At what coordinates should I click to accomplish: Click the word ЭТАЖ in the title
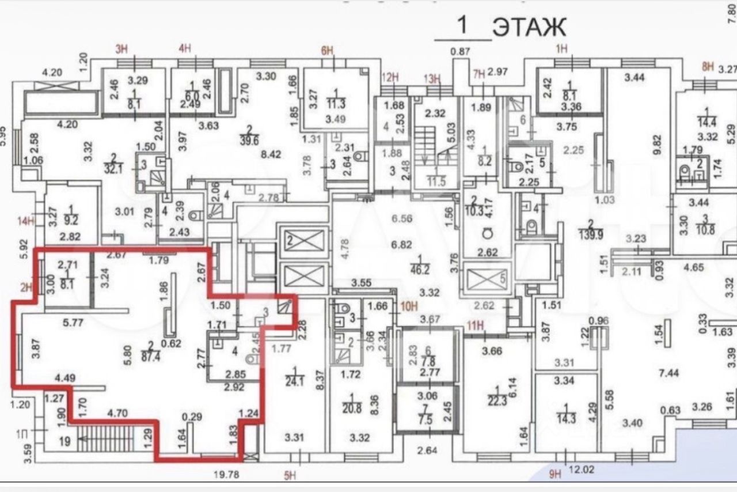point(529,27)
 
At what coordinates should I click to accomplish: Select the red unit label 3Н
point(121,48)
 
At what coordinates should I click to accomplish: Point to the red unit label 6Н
point(327,50)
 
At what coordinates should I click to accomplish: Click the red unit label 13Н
point(432,79)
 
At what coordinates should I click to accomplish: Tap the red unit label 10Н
point(408,306)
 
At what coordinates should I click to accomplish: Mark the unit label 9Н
point(555,475)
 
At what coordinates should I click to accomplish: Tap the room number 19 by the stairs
point(64,442)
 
